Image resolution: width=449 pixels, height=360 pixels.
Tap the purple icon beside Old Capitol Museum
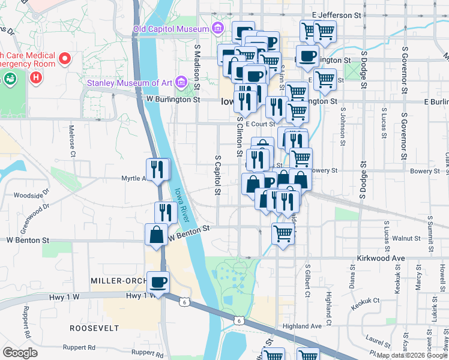tap(217, 28)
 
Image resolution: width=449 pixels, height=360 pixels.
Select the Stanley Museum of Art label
tap(130, 83)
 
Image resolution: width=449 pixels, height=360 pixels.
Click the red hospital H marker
tap(37, 77)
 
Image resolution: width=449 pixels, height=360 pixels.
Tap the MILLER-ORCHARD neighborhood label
tap(119, 281)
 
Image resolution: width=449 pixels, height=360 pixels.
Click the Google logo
tap(20, 353)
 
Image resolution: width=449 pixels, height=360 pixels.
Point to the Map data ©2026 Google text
tap(412, 355)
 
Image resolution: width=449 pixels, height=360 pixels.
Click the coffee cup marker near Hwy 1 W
tap(158, 281)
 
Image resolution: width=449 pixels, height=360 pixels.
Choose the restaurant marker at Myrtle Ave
tap(158, 169)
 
